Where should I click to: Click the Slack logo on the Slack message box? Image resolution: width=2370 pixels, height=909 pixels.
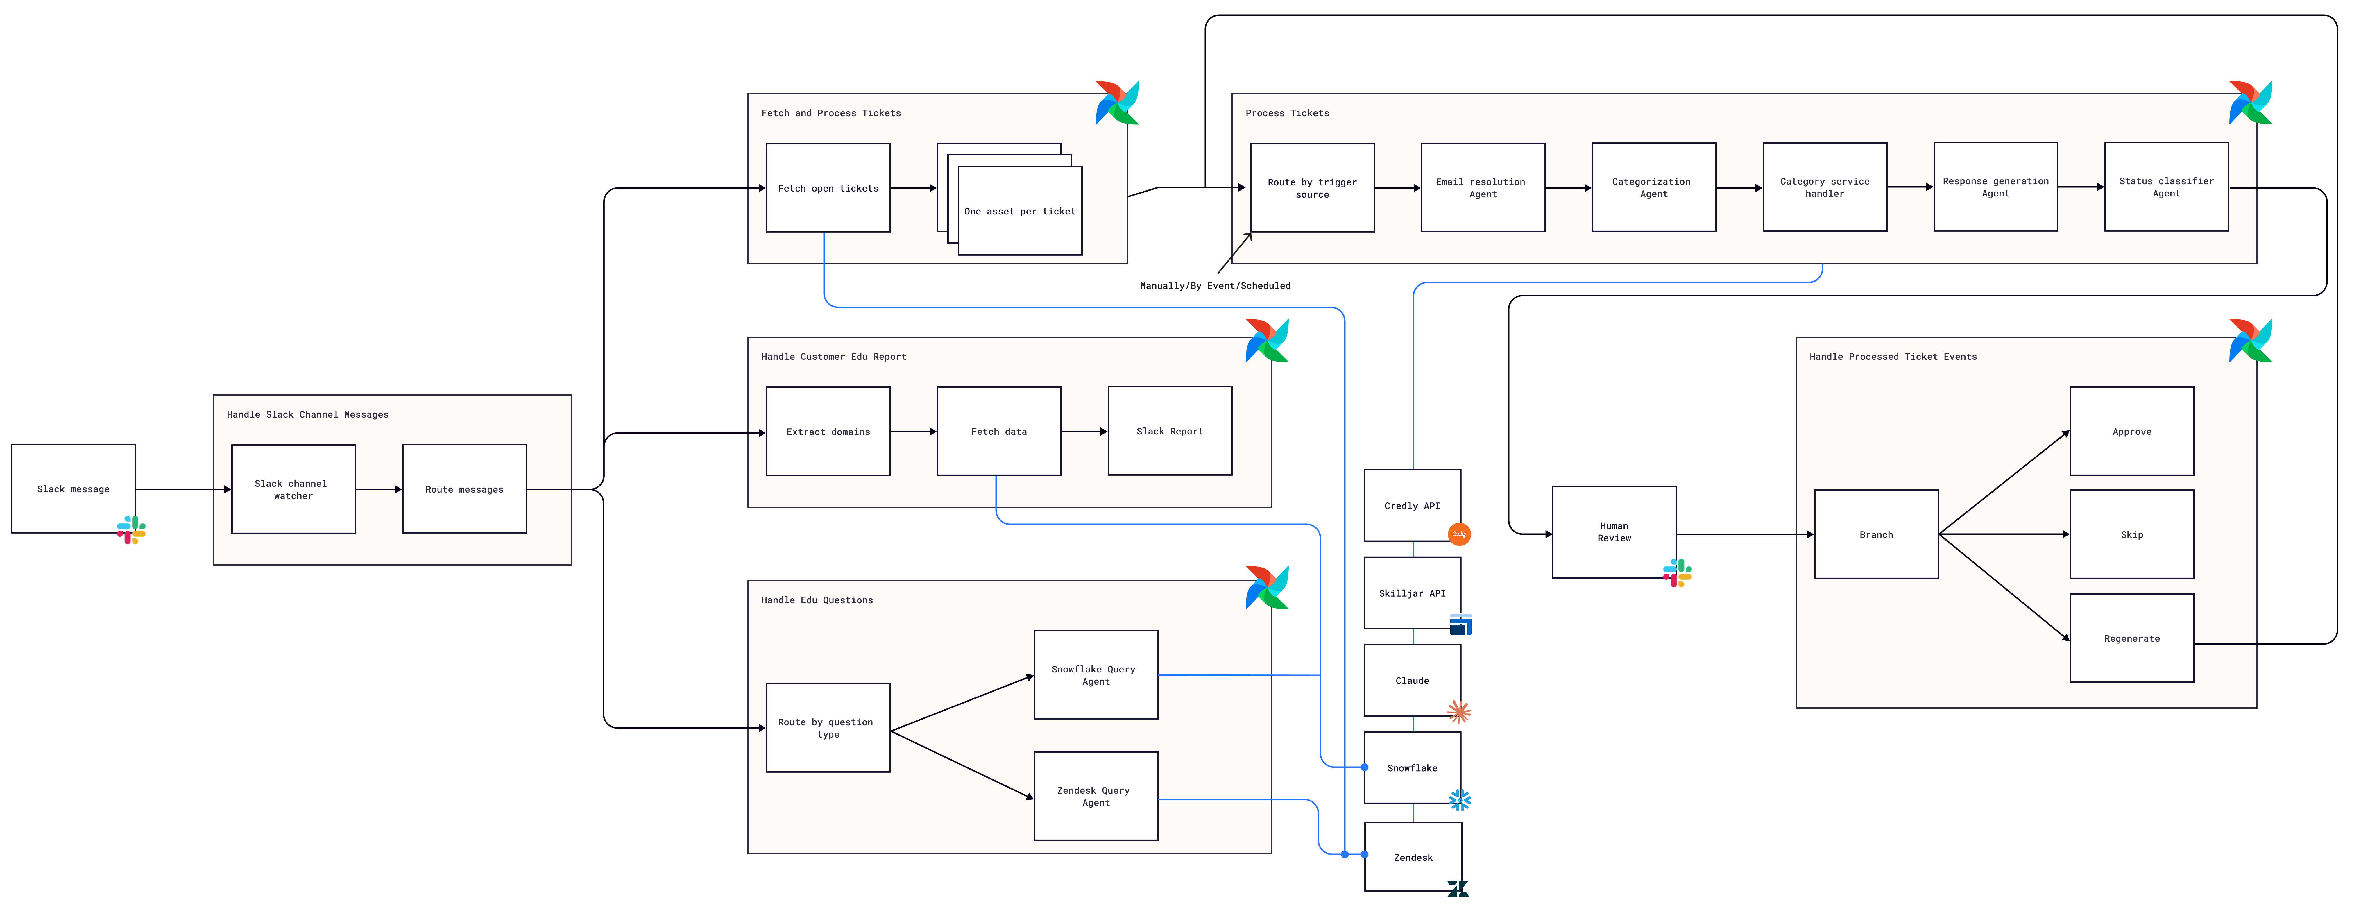pos(131,530)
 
